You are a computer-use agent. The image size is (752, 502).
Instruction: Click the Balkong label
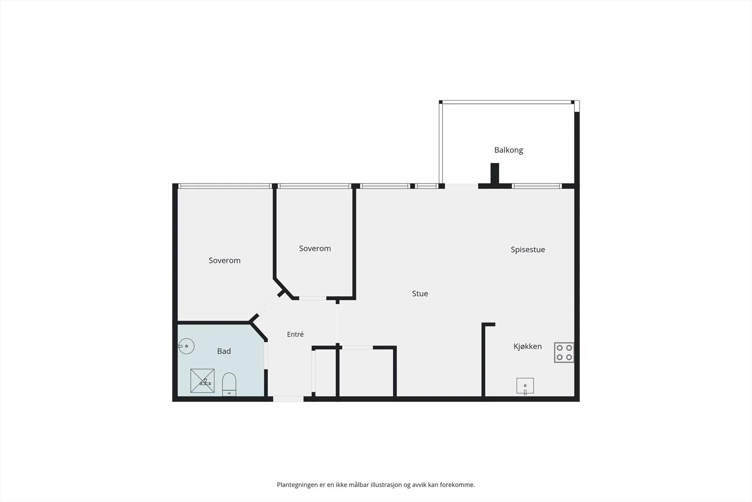click(x=508, y=150)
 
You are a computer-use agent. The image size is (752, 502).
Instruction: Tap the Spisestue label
click(x=528, y=250)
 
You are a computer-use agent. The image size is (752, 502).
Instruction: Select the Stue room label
click(x=420, y=294)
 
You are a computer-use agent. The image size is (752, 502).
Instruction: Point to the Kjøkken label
click(x=527, y=346)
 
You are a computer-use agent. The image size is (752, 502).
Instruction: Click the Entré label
click(x=295, y=335)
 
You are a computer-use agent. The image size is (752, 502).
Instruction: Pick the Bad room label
click(x=224, y=351)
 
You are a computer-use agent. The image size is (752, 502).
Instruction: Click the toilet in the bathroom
click(x=229, y=384)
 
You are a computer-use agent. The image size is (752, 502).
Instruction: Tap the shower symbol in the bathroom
click(x=203, y=381)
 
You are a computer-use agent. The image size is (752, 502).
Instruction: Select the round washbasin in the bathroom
click(x=186, y=346)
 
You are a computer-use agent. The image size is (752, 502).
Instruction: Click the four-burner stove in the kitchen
click(x=564, y=352)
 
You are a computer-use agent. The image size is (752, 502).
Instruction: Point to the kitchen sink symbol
click(x=525, y=386)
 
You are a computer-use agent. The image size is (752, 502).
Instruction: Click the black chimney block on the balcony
click(x=495, y=174)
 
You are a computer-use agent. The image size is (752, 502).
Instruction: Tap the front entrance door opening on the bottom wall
click(x=289, y=399)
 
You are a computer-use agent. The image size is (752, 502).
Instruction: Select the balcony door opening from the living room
click(x=462, y=186)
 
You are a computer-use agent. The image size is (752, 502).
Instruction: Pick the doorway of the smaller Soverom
click(x=313, y=298)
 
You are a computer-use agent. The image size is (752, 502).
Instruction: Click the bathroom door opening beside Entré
click(x=266, y=356)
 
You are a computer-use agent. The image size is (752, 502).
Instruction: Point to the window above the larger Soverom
click(x=225, y=186)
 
